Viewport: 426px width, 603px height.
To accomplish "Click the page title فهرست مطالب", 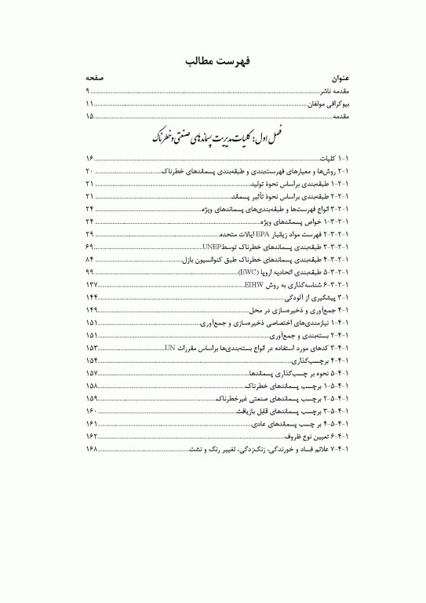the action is point(213,61).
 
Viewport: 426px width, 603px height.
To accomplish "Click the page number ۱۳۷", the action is point(92,283).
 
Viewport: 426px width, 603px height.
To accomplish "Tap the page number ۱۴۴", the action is point(92,297).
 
